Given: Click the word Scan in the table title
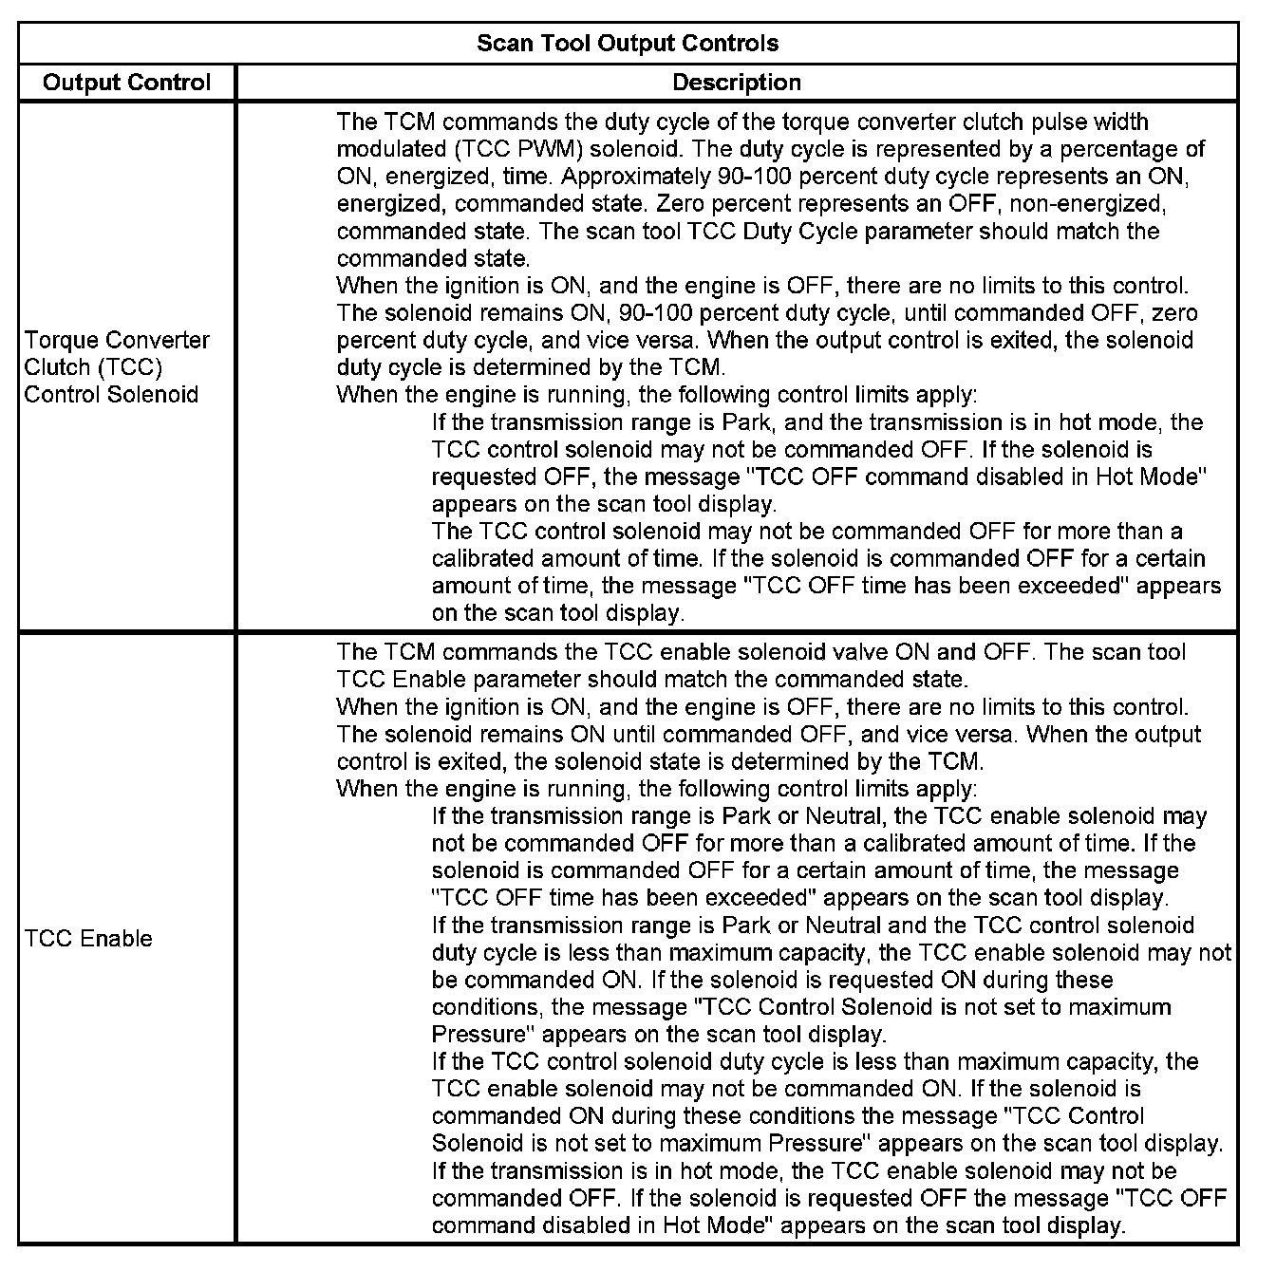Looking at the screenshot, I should click(499, 43).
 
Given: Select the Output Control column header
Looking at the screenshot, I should click(126, 83).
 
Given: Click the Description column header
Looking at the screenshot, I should click(737, 83).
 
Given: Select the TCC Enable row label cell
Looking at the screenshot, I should click(88, 939).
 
